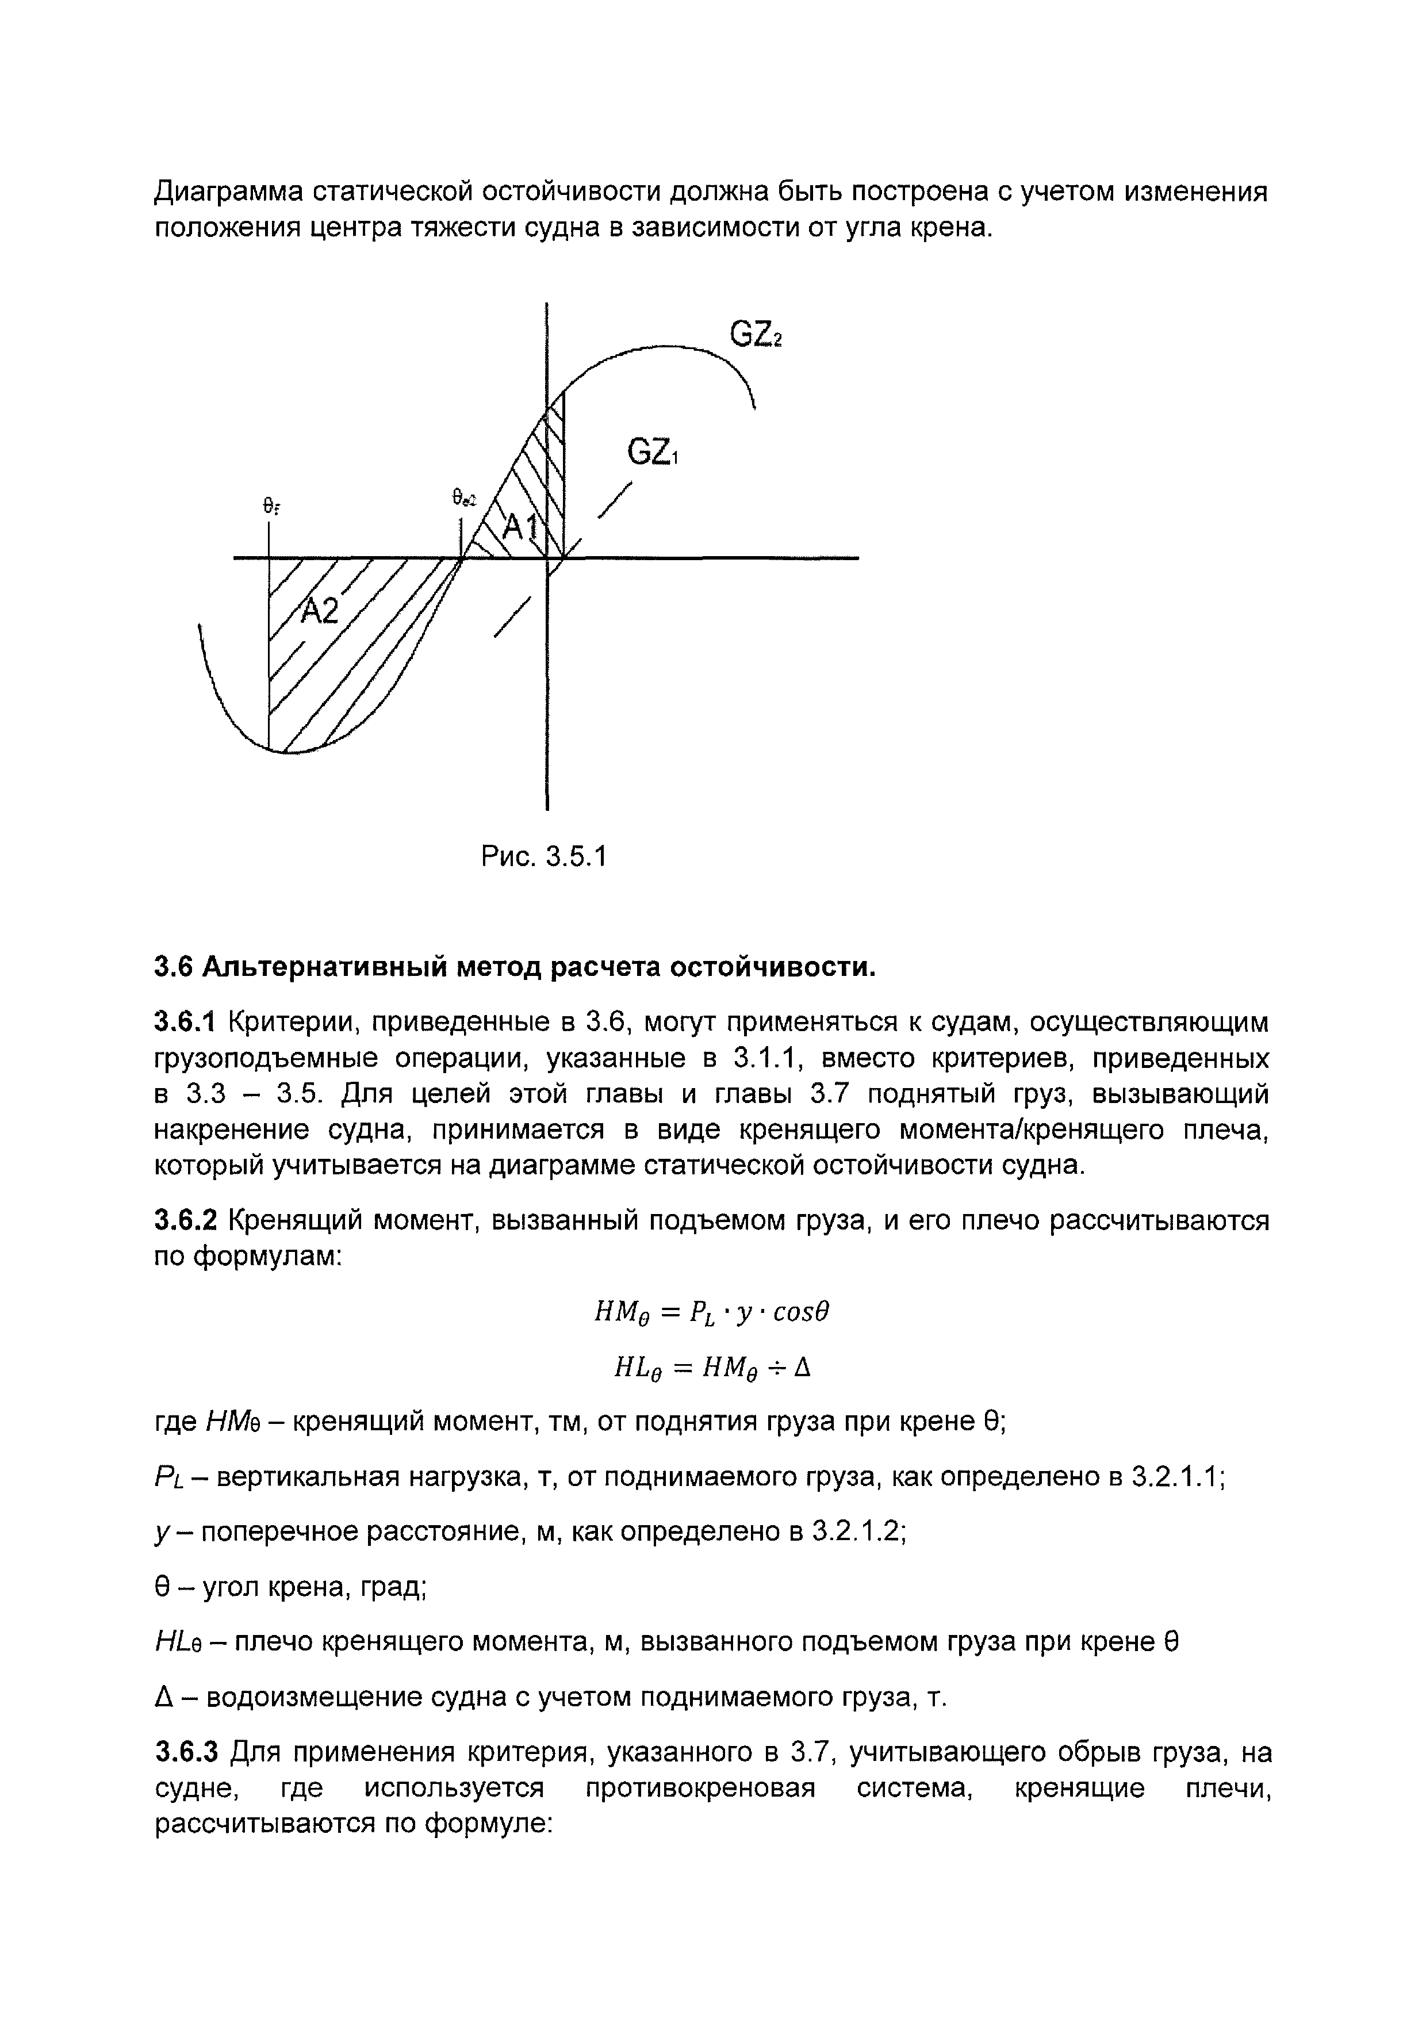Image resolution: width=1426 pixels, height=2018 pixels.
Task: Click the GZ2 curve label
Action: [755, 335]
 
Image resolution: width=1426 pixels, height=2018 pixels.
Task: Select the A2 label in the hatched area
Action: [319, 611]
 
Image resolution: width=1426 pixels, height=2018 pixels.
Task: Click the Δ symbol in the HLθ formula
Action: [802, 1368]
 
